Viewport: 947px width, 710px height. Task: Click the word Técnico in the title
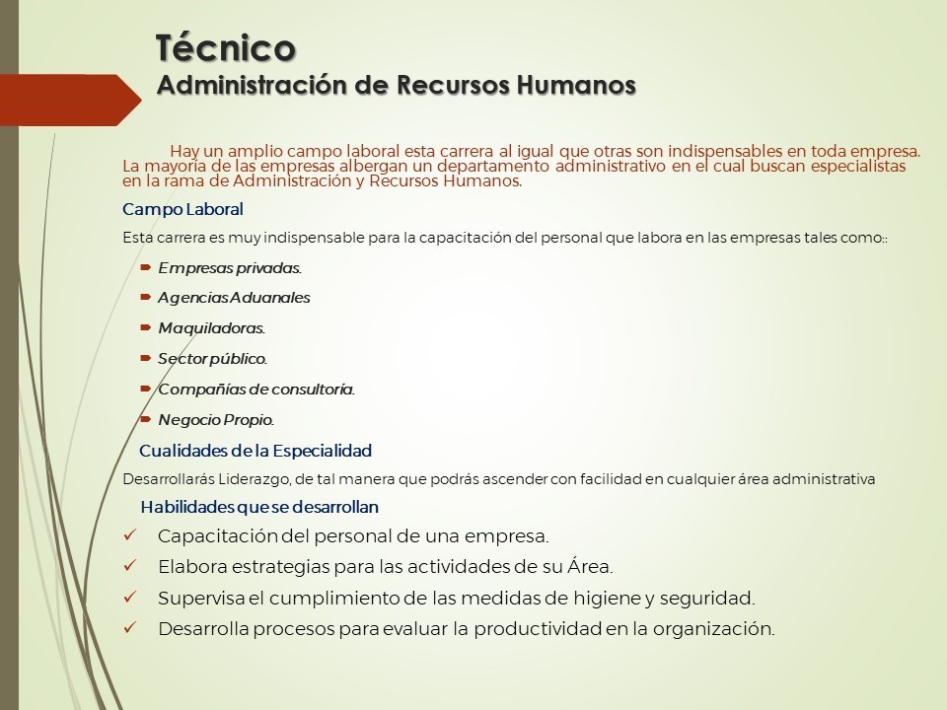(226, 47)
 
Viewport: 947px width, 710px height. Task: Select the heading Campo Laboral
(182, 209)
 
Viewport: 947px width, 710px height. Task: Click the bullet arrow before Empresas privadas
(146, 267)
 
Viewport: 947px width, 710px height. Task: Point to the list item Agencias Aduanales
(234, 298)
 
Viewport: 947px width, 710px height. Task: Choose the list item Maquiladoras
(211, 327)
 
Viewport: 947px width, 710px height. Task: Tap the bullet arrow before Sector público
(146, 358)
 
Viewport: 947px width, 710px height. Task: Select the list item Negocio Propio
(216, 420)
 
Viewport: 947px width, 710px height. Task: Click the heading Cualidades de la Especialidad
(255, 451)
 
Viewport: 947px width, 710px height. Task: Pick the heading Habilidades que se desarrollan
(259, 507)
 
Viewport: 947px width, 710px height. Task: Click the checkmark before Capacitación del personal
(130, 534)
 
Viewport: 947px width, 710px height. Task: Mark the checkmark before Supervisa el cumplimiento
(130, 598)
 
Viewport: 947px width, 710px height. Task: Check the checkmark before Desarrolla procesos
(130, 628)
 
